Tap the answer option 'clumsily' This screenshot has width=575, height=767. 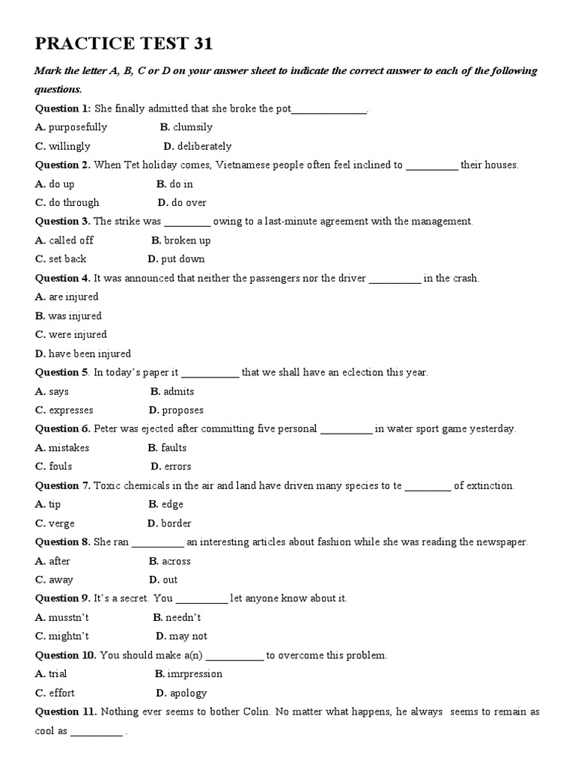point(192,127)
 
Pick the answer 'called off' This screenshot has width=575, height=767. point(71,240)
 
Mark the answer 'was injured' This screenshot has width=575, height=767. point(75,316)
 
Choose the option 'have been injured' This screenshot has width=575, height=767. point(89,354)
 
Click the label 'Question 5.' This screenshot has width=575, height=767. point(63,372)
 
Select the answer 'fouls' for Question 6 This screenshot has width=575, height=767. point(61,467)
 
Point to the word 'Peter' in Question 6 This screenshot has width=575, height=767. point(106,429)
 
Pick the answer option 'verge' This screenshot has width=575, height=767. point(61,524)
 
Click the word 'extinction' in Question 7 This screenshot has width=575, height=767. point(490,485)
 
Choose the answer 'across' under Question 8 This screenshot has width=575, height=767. point(176,561)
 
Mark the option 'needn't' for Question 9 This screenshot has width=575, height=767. point(183,617)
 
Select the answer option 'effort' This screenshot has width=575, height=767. point(61,693)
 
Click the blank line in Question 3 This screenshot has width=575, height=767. point(187,222)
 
